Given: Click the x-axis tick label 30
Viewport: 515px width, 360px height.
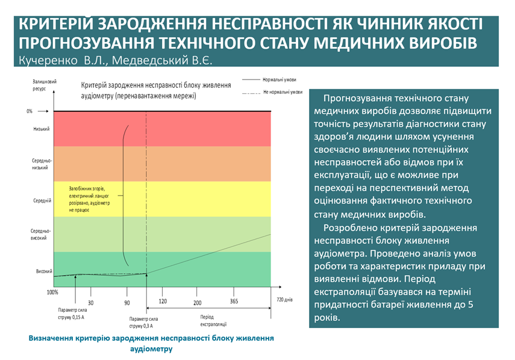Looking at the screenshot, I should pos(91,302).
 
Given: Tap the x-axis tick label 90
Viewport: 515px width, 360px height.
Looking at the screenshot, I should pos(127,302).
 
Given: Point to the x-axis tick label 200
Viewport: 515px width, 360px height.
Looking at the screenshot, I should pos(198,302).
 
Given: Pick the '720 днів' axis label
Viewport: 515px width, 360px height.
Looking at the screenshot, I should pos(284,299).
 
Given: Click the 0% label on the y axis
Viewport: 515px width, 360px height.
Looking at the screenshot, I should pos(30,111).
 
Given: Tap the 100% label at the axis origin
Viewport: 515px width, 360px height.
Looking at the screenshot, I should pos(52,292).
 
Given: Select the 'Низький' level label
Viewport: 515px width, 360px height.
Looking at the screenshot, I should pos(42,129).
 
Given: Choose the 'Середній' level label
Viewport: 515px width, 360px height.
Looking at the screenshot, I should pos(42,200).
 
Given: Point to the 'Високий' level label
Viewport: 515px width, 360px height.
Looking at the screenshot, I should pos(43,271).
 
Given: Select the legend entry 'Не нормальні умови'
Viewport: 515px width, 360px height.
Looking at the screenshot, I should pos(282,92).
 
